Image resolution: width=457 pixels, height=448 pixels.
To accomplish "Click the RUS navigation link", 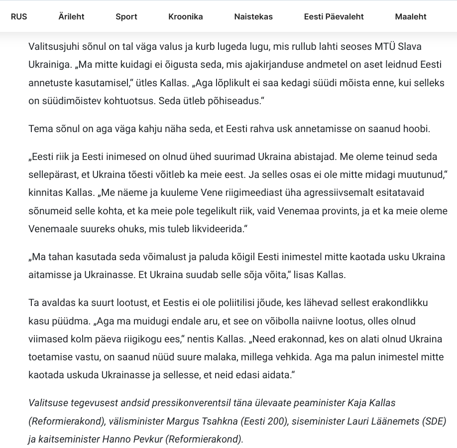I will (x=19, y=16).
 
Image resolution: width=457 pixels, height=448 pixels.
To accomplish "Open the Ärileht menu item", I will (x=71, y=16).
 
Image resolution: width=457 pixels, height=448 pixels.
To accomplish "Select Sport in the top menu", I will (x=126, y=16).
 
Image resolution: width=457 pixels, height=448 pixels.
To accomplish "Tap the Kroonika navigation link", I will (x=186, y=16).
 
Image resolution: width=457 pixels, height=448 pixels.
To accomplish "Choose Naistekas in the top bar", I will (x=253, y=16).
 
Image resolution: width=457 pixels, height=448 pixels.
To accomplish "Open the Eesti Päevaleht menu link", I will (x=334, y=16).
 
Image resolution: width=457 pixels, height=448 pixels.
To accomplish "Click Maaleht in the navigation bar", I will (x=411, y=16).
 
